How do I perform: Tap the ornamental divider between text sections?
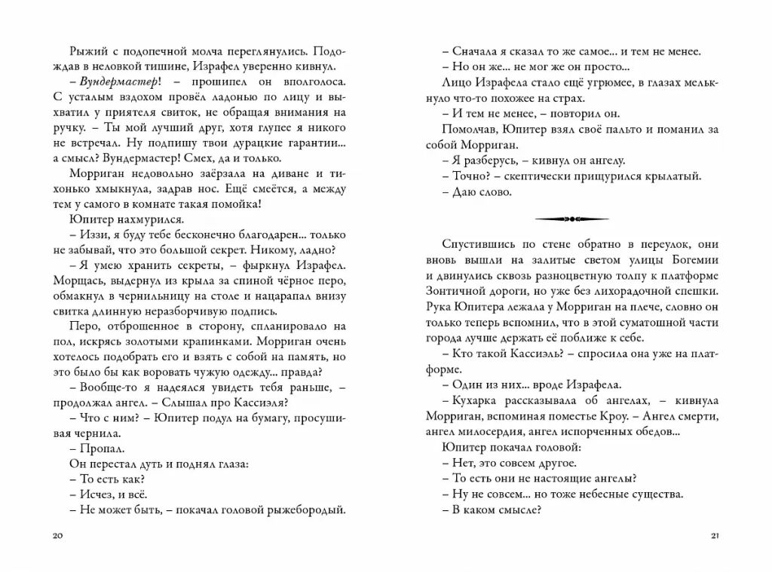[571, 219]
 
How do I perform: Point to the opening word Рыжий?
[85, 50]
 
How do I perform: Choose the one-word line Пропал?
[94, 447]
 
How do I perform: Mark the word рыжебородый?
[306, 509]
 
